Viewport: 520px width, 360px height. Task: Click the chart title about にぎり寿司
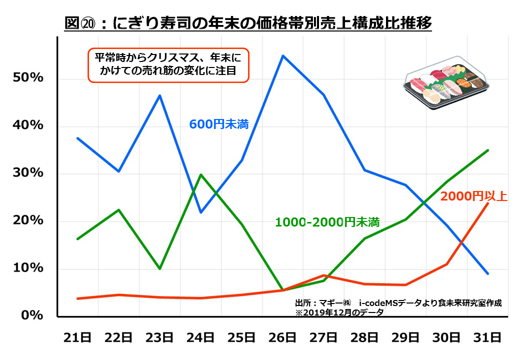(248, 23)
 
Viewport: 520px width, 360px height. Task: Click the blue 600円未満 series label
(219, 124)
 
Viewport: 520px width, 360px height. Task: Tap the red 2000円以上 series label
(473, 196)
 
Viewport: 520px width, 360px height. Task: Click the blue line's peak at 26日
(283, 55)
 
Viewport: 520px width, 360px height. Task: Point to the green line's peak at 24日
(200, 174)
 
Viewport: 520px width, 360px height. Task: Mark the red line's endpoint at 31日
(487, 203)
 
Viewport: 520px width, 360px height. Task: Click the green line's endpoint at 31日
(487, 150)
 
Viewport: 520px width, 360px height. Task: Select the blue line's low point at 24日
(200, 212)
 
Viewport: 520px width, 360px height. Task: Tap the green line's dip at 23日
(159, 269)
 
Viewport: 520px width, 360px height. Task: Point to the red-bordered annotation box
(168, 65)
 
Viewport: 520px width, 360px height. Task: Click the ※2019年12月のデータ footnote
(339, 312)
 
